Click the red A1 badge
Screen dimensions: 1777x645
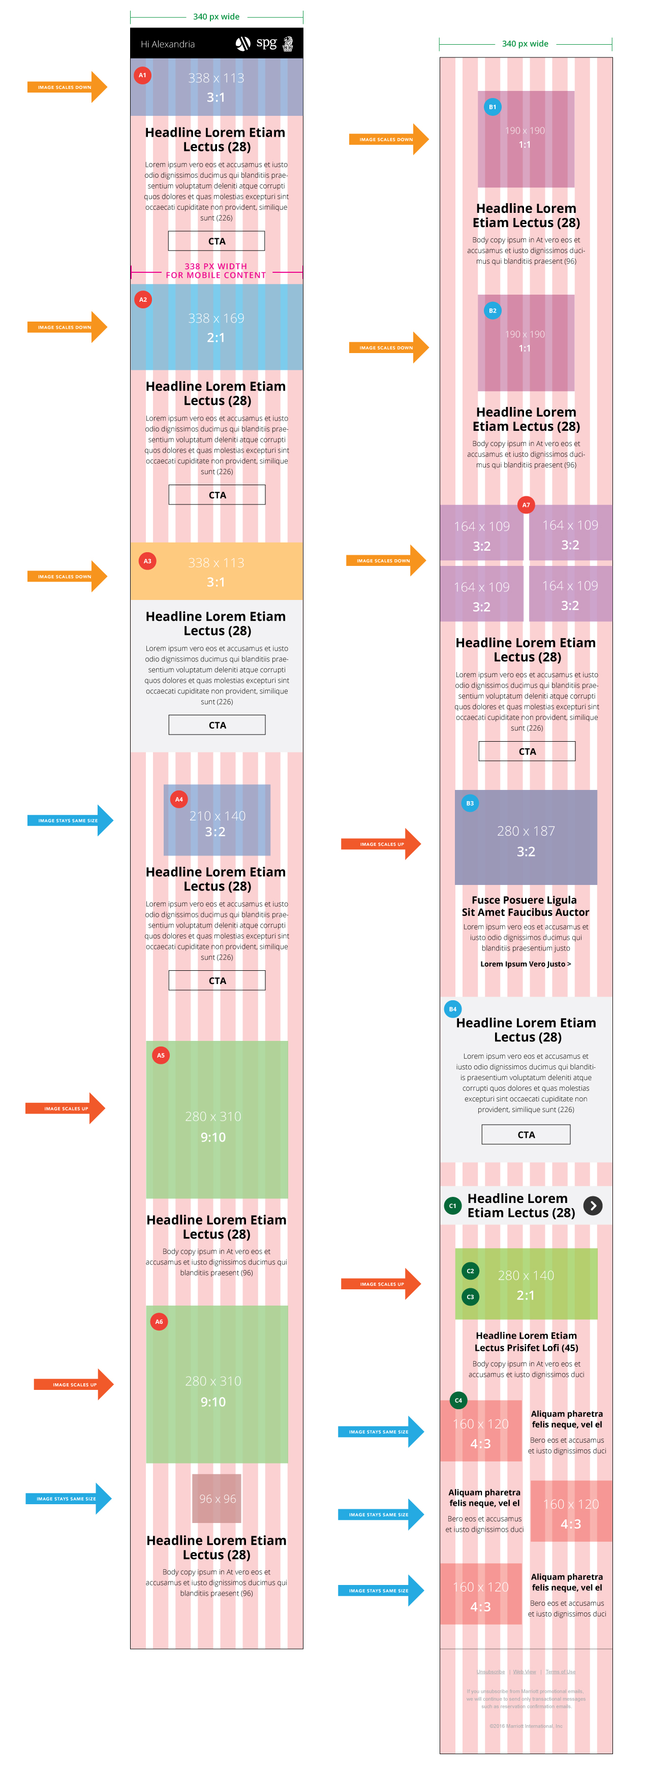click(x=142, y=75)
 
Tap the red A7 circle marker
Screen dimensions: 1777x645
click(x=526, y=505)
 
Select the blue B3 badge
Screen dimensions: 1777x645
click(x=470, y=803)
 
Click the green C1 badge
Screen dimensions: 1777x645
click(x=452, y=1206)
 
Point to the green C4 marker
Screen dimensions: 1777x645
click(x=458, y=1401)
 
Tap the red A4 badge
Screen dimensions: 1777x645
click(x=179, y=800)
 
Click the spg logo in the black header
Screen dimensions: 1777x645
click(x=266, y=44)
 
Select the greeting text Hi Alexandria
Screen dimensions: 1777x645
click(x=168, y=44)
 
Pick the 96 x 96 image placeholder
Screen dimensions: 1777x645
click(x=217, y=1498)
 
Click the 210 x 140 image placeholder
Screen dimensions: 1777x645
click(x=217, y=819)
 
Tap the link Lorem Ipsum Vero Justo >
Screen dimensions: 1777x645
click(x=526, y=964)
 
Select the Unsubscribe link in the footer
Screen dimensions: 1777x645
click(x=490, y=1671)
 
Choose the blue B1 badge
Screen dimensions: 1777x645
click(x=493, y=107)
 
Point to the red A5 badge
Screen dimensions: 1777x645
click(x=161, y=1056)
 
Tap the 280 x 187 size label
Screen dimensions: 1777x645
click(x=526, y=831)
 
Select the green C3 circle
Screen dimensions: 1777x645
click(x=470, y=1297)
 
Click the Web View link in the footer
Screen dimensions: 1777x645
click(x=524, y=1671)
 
